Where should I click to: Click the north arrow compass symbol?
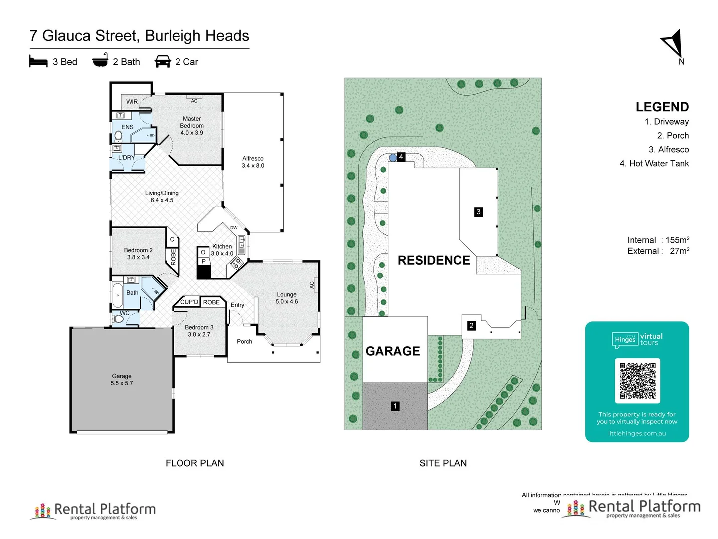(673, 44)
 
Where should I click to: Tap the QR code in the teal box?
(637, 381)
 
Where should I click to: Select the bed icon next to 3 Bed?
(38, 62)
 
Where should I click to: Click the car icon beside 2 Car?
(163, 62)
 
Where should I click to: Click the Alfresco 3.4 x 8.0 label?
(253, 162)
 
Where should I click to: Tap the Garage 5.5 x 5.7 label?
(122, 379)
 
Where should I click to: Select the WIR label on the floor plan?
(132, 102)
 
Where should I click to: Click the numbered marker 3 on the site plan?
(478, 212)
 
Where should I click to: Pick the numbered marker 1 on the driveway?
(395, 406)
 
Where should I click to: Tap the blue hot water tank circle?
(393, 158)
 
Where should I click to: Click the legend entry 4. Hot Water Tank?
(654, 163)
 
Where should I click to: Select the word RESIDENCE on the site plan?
(434, 260)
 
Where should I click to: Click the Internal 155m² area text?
(658, 240)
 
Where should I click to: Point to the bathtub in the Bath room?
(118, 296)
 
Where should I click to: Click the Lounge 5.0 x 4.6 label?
(287, 298)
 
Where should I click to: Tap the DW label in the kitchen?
(234, 228)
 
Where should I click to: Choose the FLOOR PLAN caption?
(194, 463)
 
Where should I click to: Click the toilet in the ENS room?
(118, 135)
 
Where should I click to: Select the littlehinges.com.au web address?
(637, 433)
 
